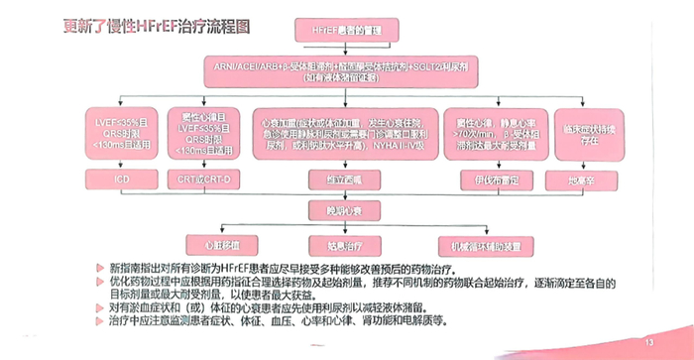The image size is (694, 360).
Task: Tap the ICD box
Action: [x=121, y=179]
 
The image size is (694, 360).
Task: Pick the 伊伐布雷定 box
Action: [x=486, y=179]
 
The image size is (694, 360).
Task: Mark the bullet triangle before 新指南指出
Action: [x=101, y=268]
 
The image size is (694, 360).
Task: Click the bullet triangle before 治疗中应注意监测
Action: [x=101, y=319]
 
